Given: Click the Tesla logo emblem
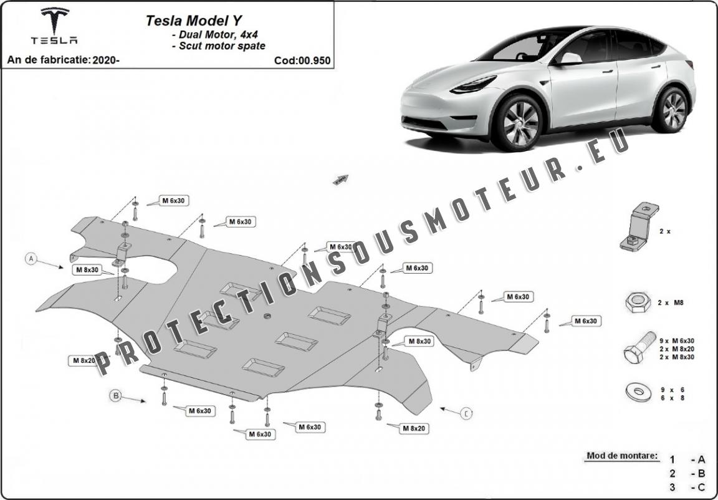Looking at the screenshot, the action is click(x=54, y=21).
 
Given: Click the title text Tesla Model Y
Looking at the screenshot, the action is click(x=194, y=21).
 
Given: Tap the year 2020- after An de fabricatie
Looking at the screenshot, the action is click(x=106, y=60).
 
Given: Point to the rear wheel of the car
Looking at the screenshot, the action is click(x=673, y=110).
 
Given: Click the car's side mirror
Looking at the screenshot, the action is click(x=570, y=58).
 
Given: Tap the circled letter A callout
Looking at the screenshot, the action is click(x=31, y=259).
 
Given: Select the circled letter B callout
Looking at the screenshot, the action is click(x=116, y=395).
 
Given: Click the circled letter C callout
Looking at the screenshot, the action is click(x=466, y=414).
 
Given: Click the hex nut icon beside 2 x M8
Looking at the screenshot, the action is click(x=638, y=302).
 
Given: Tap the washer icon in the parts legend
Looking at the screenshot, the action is click(x=638, y=392).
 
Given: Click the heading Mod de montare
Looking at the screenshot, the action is click(x=622, y=456).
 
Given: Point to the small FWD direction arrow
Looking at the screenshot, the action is click(x=341, y=180).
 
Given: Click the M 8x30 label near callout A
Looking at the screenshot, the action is click(x=87, y=270).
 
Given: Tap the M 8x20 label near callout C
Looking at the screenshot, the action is click(x=414, y=428).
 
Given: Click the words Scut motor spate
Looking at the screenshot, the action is click(x=222, y=46).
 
